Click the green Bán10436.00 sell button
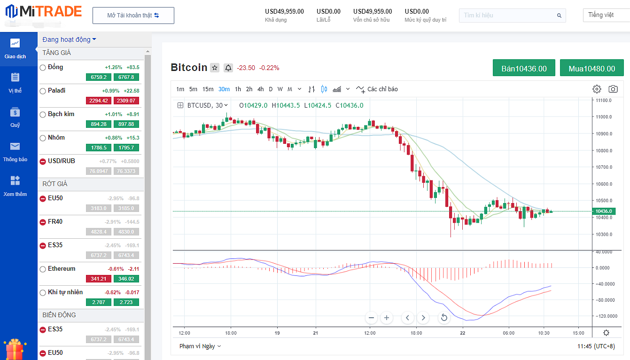pos(524,68)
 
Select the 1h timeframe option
pos(238,89)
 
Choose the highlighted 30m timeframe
pos(224,89)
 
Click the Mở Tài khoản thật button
pos(133,16)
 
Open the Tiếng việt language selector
pos(604,15)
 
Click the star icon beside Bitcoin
pos(215,68)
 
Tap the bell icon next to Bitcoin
pos(228,68)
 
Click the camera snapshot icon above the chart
pos(613,89)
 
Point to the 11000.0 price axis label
pos(603,117)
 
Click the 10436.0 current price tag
pos(603,211)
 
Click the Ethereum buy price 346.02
pos(126,279)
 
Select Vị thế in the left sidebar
pos(15,83)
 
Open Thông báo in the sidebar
pos(15,152)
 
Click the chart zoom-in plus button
pos(387,318)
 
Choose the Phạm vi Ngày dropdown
pos(200,346)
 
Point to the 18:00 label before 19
pos(230,333)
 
